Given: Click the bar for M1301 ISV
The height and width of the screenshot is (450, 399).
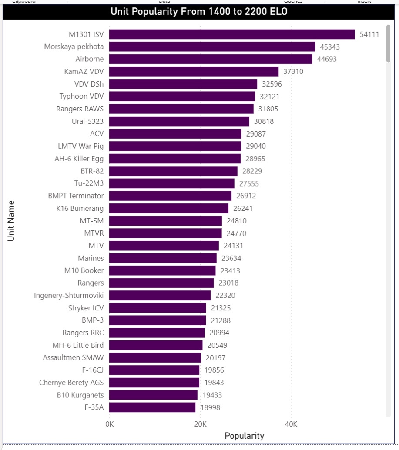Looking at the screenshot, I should click(x=232, y=34).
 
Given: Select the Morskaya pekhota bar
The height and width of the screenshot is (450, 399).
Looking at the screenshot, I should click(x=212, y=47).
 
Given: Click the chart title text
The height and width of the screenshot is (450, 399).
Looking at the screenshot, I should click(x=199, y=12).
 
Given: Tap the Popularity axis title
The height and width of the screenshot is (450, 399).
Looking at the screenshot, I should click(x=244, y=436).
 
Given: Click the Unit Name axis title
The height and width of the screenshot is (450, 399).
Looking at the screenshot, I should click(x=11, y=221).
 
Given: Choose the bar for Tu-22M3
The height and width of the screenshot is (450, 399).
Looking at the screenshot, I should click(x=171, y=183).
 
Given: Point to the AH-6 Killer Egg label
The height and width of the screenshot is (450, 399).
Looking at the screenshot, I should click(x=79, y=158).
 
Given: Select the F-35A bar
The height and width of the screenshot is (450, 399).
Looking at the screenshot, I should click(x=152, y=407).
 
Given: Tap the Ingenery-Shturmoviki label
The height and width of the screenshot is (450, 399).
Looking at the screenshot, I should click(x=69, y=296).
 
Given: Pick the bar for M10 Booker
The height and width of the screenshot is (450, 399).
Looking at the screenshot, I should click(x=162, y=270).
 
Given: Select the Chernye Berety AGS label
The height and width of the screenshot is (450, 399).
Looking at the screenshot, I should click(x=71, y=383).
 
